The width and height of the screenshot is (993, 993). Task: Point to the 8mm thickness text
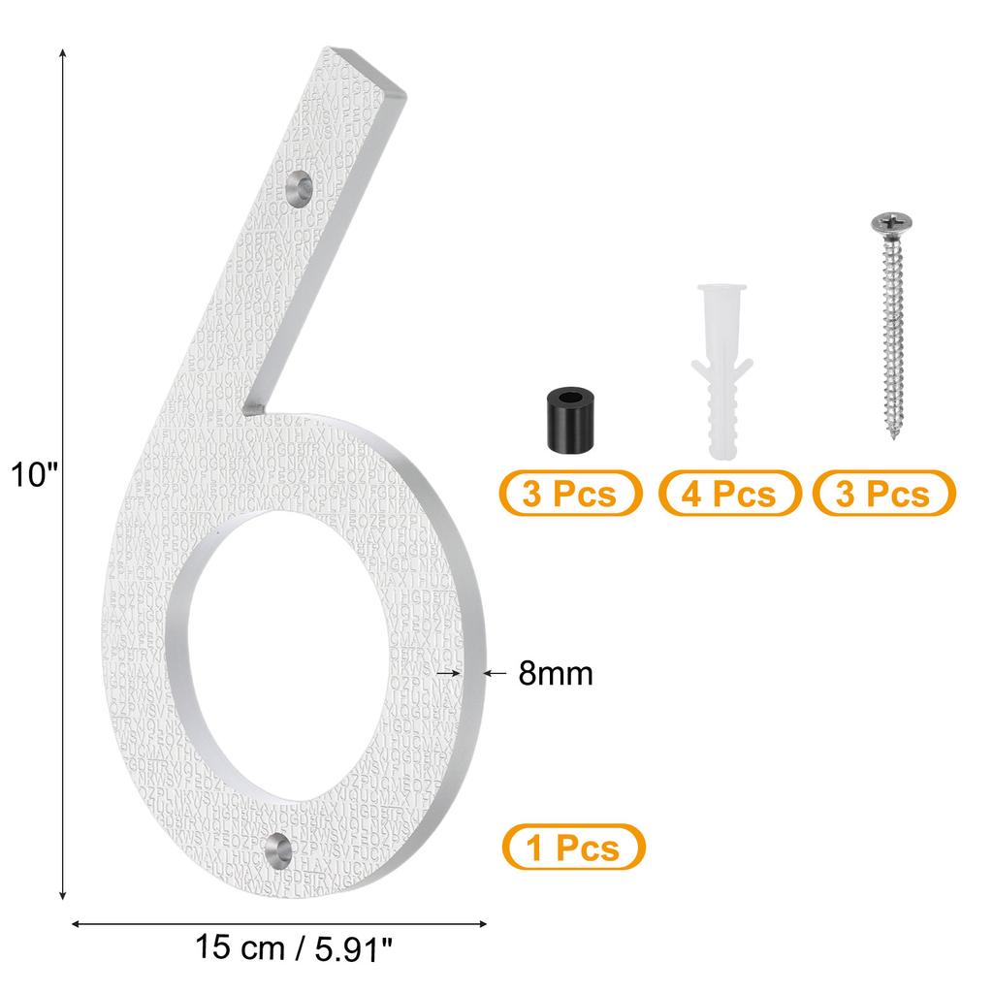click(x=555, y=673)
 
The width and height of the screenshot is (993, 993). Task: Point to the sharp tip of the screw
click(x=897, y=438)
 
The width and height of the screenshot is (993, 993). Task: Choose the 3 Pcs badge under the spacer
click(x=570, y=494)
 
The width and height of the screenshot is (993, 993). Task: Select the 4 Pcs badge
click(x=729, y=494)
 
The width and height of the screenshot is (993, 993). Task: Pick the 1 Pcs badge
click(x=573, y=848)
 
